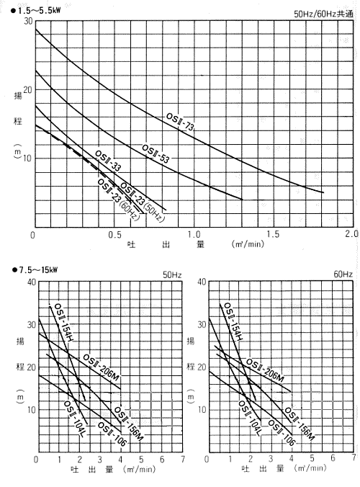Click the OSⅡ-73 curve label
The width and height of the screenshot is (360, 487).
click(180, 122)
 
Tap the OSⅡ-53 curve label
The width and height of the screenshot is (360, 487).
click(156, 153)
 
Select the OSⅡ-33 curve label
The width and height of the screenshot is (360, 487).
click(108, 161)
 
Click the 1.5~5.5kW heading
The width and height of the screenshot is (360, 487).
click(36, 10)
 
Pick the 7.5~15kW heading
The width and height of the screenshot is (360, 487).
click(35, 269)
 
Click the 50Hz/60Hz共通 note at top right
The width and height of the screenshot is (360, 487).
click(323, 14)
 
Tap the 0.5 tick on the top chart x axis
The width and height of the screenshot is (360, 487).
click(114, 235)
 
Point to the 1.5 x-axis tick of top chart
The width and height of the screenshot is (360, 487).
click(273, 234)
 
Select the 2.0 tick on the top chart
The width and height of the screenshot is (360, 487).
click(351, 233)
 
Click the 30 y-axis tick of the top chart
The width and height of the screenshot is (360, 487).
click(28, 21)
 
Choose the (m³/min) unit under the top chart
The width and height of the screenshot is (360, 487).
click(248, 243)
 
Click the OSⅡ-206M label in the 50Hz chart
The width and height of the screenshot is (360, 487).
click(101, 367)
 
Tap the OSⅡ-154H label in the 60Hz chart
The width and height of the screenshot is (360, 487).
click(233, 321)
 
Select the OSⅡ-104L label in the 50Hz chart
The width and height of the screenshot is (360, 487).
click(74, 419)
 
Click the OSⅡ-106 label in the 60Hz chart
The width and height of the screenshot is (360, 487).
click(282, 433)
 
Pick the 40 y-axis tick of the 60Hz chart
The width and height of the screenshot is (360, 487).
click(202, 282)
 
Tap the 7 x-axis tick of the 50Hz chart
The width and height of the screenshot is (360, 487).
click(183, 459)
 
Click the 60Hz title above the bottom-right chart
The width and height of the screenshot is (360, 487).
click(343, 274)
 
